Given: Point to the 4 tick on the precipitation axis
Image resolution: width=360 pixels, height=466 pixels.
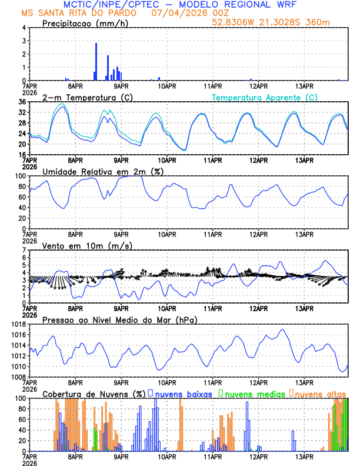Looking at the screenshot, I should click(24, 28).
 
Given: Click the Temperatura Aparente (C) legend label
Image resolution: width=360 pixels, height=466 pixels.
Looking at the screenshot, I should click(264, 97).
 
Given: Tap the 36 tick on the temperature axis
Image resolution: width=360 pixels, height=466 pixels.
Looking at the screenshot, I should click(22, 102).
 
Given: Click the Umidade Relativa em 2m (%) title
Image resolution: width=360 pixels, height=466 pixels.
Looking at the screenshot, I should click(102, 171).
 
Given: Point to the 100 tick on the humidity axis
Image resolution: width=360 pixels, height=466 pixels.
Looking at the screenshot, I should click(20, 176).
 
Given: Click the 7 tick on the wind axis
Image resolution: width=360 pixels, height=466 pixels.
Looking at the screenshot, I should click(24, 250).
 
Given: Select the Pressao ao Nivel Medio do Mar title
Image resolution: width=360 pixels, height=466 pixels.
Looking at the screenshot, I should click(119, 319).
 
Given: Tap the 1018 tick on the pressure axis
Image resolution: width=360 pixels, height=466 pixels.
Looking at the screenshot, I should click(18, 324).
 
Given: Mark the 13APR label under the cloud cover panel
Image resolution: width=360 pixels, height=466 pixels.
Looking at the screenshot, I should click(304, 457).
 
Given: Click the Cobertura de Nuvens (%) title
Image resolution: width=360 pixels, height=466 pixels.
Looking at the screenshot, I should click(93, 394).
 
